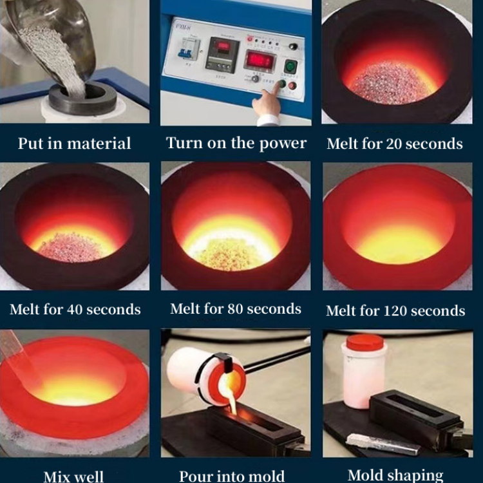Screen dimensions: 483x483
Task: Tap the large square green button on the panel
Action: tap(290, 66)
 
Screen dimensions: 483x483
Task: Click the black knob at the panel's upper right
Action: tap(294, 46)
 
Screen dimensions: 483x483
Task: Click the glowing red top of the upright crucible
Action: tap(365, 342)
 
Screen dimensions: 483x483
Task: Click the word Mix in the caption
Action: tap(58, 477)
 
